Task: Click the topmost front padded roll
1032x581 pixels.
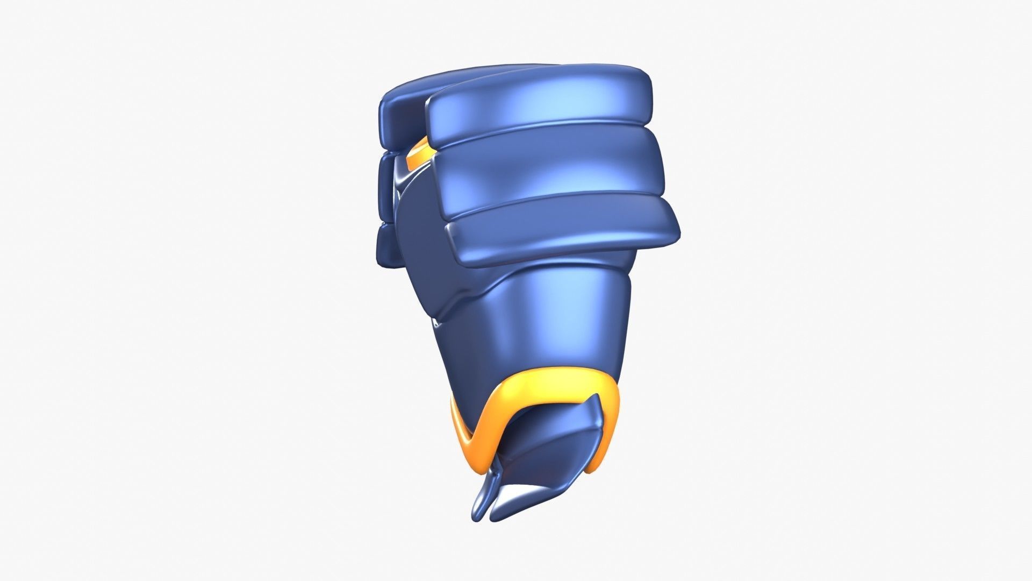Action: tap(537, 105)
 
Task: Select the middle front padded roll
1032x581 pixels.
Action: tap(548, 172)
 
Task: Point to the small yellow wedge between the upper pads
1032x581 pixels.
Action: tap(418, 153)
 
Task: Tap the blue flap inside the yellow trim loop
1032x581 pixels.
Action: tap(548, 447)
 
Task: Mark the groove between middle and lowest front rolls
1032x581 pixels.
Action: tap(554, 207)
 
